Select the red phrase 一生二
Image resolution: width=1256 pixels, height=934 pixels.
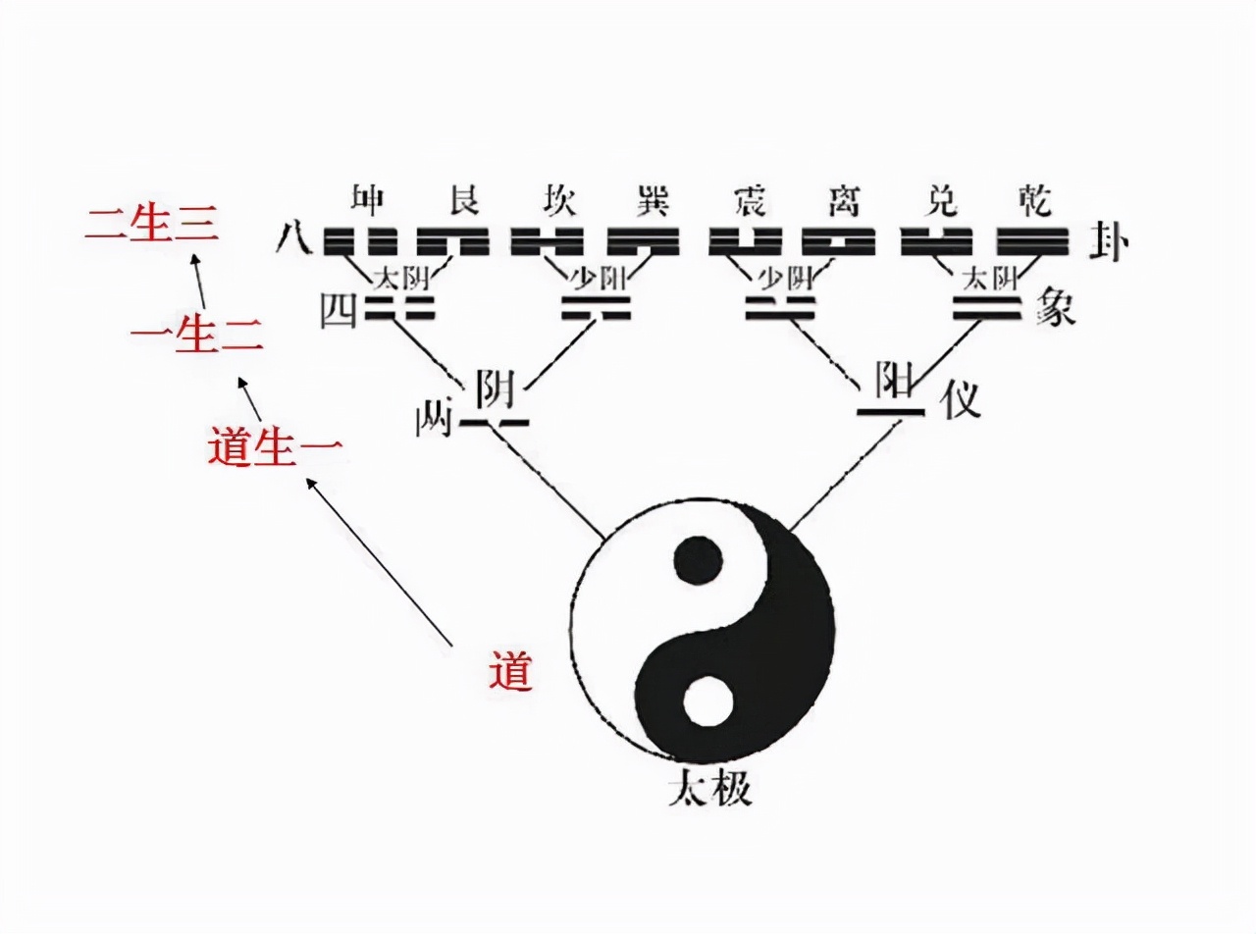(196, 337)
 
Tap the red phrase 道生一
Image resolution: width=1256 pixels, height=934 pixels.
(275, 447)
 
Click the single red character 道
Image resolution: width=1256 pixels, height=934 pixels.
(510, 672)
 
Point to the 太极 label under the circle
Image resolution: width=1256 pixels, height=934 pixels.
(709, 788)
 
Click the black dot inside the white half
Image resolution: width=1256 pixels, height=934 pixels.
(699, 560)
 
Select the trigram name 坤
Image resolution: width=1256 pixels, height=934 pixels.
(367, 200)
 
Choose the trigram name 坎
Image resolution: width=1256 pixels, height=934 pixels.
(557, 200)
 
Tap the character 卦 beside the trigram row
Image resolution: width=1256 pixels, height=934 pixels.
(1109, 241)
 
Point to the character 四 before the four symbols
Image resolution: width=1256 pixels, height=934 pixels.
(337, 311)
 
